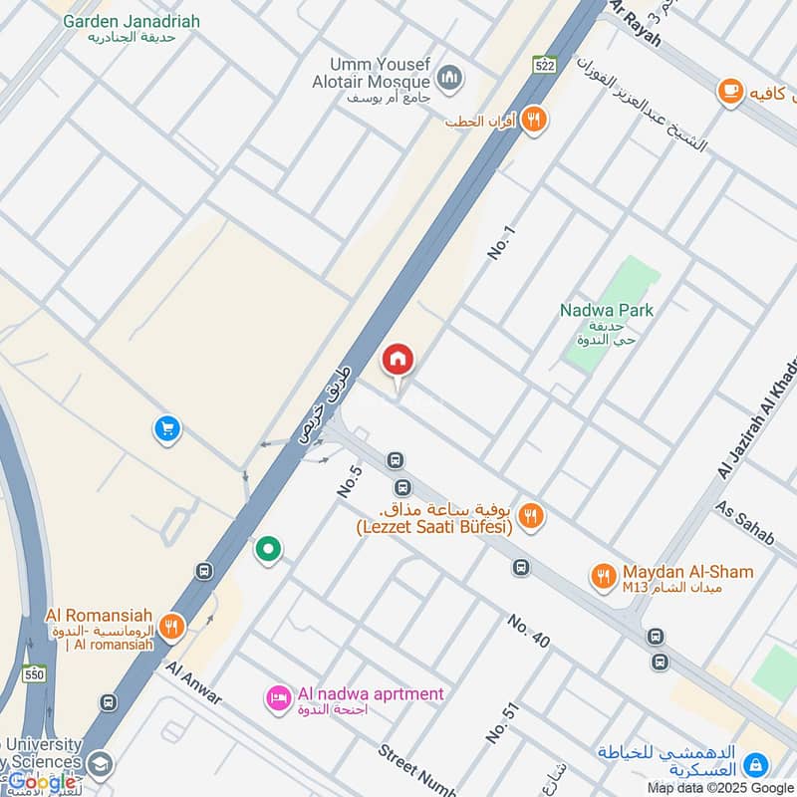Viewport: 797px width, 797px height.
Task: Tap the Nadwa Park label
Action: pyautogui.click(x=606, y=310)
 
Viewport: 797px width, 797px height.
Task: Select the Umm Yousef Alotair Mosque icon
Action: pyautogui.click(x=450, y=78)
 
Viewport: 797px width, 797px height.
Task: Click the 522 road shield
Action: pyautogui.click(x=543, y=64)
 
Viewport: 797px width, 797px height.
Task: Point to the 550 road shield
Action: pyautogui.click(x=36, y=673)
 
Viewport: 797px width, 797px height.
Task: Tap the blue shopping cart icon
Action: pyautogui.click(x=166, y=429)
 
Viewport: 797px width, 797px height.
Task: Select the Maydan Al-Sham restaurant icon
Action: pyautogui.click(x=603, y=574)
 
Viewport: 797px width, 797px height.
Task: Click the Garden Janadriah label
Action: pyautogui.click(x=131, y=21)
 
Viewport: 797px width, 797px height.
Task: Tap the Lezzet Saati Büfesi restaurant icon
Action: pyautogui.click(x=532, y=515)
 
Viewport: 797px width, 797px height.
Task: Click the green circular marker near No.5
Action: pyautogui.click(x=267, y=549)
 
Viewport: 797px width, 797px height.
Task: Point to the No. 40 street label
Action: pyautogui.click(x=528, y=632)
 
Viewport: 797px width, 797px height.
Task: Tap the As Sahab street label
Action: pyautogui.click(x=744, y=521)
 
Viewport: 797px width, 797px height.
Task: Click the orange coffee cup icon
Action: pyautogui.click(x=731, y=92)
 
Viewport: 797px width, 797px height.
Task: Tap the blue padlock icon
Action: pyautogui.click(x=757, y=764)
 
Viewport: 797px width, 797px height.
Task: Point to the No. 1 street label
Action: pyautogui.click(x=503, y=244)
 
